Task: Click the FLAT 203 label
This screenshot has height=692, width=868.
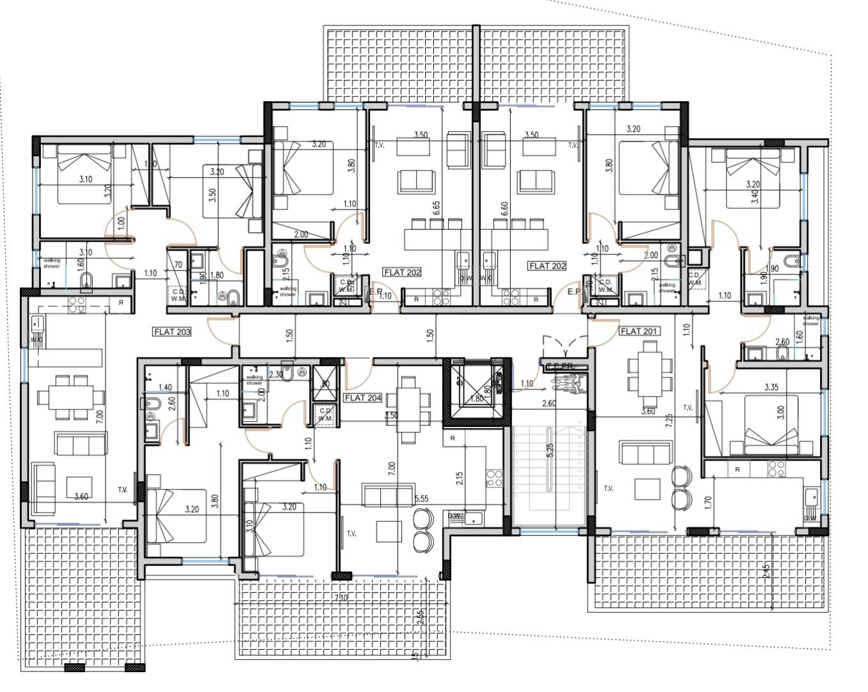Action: (172, 332)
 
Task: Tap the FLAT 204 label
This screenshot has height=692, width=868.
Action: (363, 398)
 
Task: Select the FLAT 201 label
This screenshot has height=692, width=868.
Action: (639, 331)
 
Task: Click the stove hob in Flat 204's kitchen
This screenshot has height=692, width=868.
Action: (494, 477)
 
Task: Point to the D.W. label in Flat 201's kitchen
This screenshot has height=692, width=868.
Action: (810, 518)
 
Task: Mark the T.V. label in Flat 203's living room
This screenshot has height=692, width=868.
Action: (122, 490)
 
